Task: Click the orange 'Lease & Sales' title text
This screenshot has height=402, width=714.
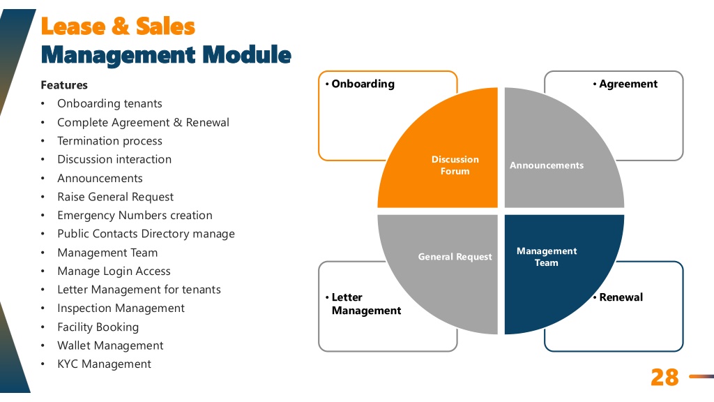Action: point(118,26)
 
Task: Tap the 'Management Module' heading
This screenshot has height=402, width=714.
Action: point(166,55)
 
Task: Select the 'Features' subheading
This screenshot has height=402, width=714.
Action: point(64,85)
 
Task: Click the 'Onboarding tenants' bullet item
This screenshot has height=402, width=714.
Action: point(109,103)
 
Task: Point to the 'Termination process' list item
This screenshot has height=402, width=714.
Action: point(109,141)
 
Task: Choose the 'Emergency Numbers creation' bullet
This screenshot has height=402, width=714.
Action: point(135,215)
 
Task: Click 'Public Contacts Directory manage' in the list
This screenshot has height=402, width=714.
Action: point(146,234)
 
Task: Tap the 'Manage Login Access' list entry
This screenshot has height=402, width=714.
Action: point(114,271)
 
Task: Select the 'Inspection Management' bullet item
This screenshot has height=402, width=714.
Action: point(121,308)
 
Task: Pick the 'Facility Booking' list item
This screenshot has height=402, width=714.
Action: point(98,327)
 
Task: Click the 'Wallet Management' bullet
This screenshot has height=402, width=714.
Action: point(110,345)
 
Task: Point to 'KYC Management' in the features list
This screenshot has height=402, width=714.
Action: point(105,364)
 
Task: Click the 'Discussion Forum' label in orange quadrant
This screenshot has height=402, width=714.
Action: point(455,165)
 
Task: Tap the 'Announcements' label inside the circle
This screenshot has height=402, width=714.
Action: point(547,165)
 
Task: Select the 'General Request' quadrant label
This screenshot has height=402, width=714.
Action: point(455,257)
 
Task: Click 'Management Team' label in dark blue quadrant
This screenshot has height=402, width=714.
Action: point(547,257)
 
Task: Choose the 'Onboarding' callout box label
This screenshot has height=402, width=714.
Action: point(363,84)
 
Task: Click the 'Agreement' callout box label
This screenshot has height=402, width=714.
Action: point(628,84)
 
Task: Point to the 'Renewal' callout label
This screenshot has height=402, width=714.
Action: point(621,297)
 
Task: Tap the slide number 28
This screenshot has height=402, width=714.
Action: point(664,378)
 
